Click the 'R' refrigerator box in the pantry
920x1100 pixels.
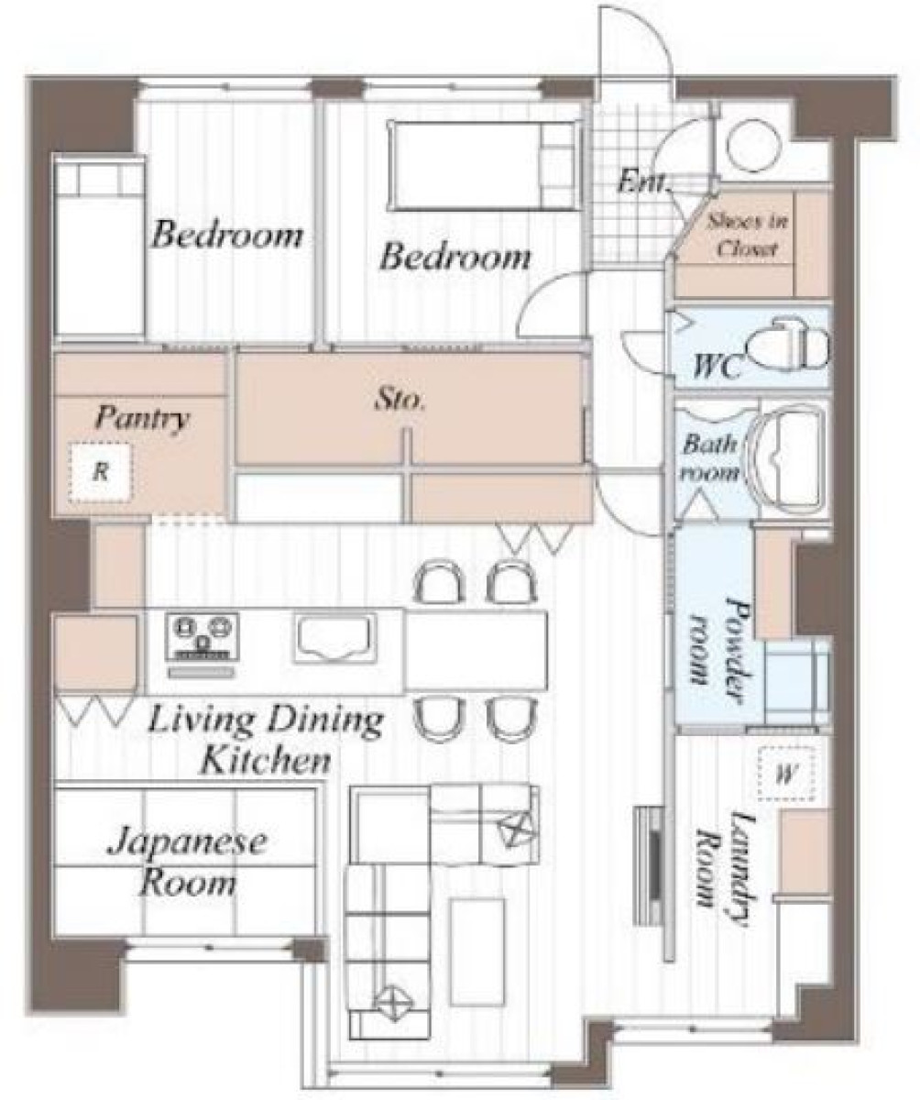point(100,471)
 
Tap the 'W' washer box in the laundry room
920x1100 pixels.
point(784,774)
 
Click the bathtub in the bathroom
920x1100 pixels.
point(787,457)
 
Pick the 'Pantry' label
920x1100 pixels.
point(142,419)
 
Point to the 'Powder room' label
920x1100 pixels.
point(717,640)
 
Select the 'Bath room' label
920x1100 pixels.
point(710,458)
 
